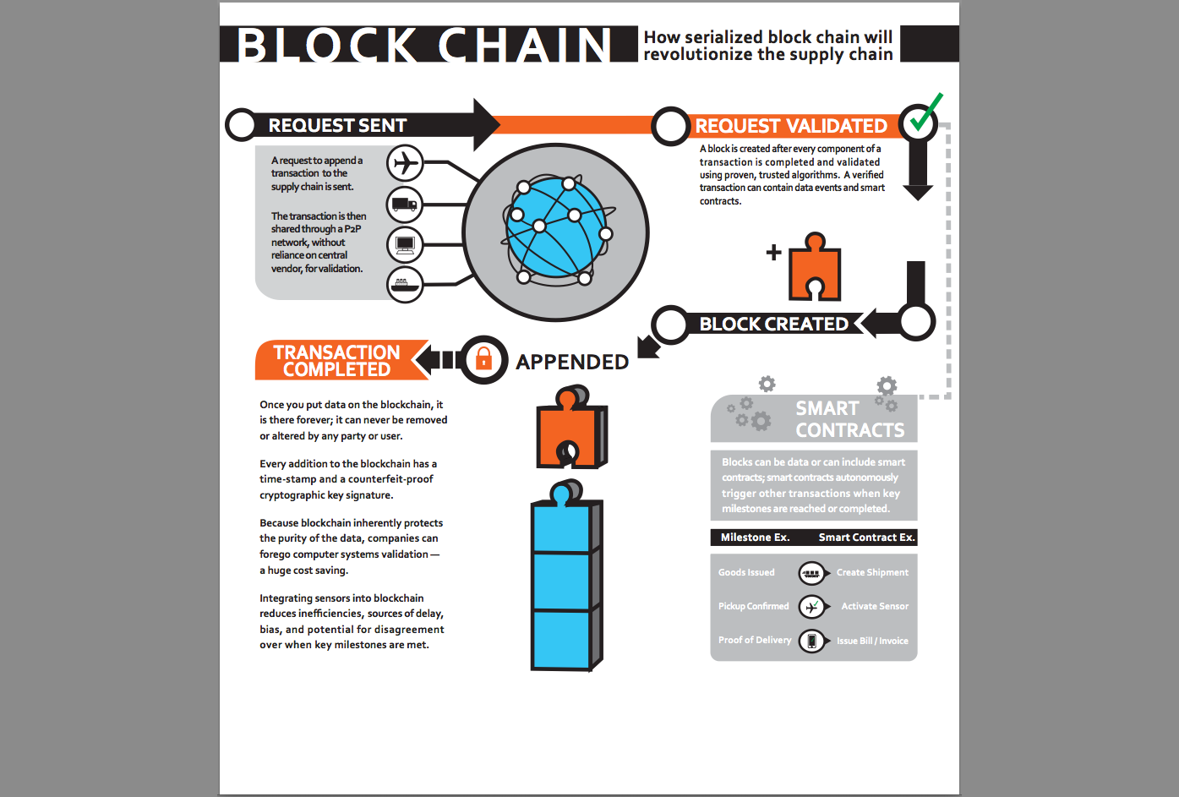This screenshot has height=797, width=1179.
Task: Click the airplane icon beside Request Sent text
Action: [x=406, y=162]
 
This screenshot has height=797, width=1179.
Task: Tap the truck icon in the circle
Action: [x=405, y=205]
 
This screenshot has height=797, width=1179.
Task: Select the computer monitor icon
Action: [x=405, y=245]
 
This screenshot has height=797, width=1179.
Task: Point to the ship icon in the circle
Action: [x=405, y=285]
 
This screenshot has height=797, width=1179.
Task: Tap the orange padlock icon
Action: [x=483, y=359]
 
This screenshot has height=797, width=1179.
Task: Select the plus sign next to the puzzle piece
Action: [x=773, y=252]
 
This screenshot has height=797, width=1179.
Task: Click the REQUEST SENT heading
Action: [x=337, y=126]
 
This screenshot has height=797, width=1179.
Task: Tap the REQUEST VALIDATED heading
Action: [x=791, y=127]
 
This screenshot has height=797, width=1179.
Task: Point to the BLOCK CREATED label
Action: [x=773, y=325]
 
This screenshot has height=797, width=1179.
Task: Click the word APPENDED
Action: [x=572, y=363]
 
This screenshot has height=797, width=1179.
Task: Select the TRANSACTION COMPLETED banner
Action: [x=336, y=361]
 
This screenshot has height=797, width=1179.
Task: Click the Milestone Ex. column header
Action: [x=755, y=538]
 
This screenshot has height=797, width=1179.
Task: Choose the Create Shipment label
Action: [x=872, y=573]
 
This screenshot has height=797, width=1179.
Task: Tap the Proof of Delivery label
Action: [x=755, y=641]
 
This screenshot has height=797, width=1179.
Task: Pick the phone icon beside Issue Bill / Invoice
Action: [x=811, y=641]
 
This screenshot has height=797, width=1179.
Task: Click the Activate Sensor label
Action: [x=875, y=607]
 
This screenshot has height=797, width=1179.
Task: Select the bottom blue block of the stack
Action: [x=561, y=640]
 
